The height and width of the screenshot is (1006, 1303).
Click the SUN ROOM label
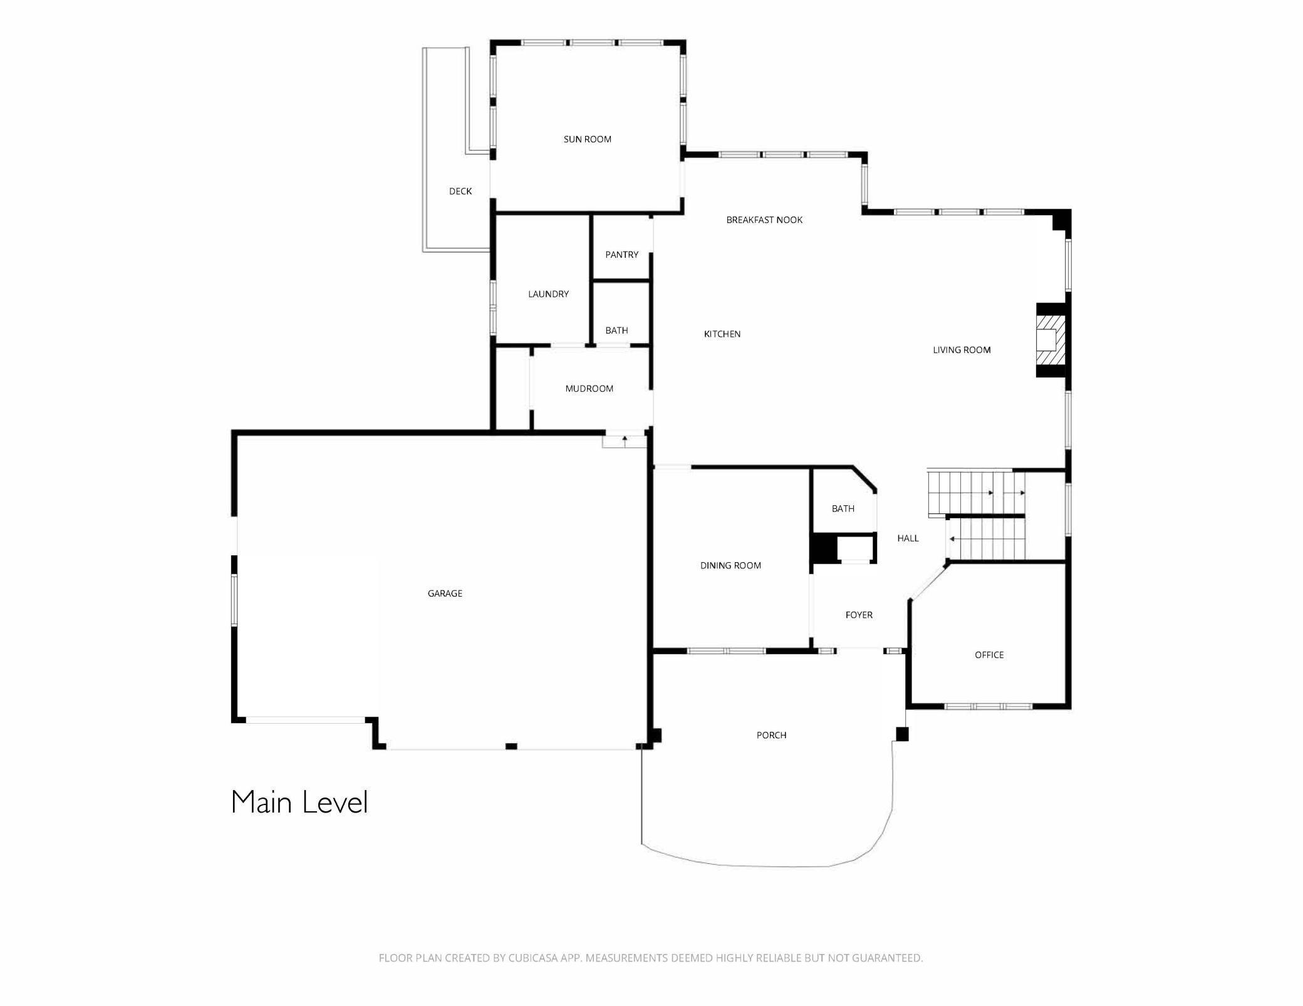pyautogui.click(x=587, y=139)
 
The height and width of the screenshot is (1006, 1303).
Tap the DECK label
pyautogui.click(x=460, y=191)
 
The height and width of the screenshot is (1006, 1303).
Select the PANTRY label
pyautogui.click(x=621, y=255)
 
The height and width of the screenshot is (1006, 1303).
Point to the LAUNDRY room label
pyautogui.click(x=548, y=294)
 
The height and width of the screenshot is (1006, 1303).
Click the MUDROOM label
pyautogui.click(x=589, y=389)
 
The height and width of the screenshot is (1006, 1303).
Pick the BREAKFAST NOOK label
pyautogui.click(x=764, y=220)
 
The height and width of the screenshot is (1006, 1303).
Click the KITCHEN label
pyautogui.click(x=722, y=334)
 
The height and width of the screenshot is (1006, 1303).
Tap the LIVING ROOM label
pyautogui.click(x=961, y=350)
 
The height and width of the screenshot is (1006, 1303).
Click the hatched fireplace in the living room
pyautogui.click(x=1050, y=340)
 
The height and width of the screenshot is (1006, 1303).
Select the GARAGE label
pyautogui.click(x=445, y=593)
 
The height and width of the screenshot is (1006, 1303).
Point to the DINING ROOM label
pyautogui.click(x=730, y=565)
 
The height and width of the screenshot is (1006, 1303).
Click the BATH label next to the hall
pyautogui.click(x=843, y=508)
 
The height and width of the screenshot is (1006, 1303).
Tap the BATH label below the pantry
pyautogui.click(x=616, y=331)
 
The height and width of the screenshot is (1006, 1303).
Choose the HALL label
pyautogui.click(x=908, y=538)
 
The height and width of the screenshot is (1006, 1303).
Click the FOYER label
pyautogui.click(x=858, y=615)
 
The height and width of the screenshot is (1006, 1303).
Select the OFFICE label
pyautogui.click(x=989, y=655)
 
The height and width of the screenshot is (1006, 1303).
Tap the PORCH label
pyautogui.click(x=771, y=735)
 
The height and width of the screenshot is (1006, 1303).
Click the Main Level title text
pyautogui.click(x=299, y=803)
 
